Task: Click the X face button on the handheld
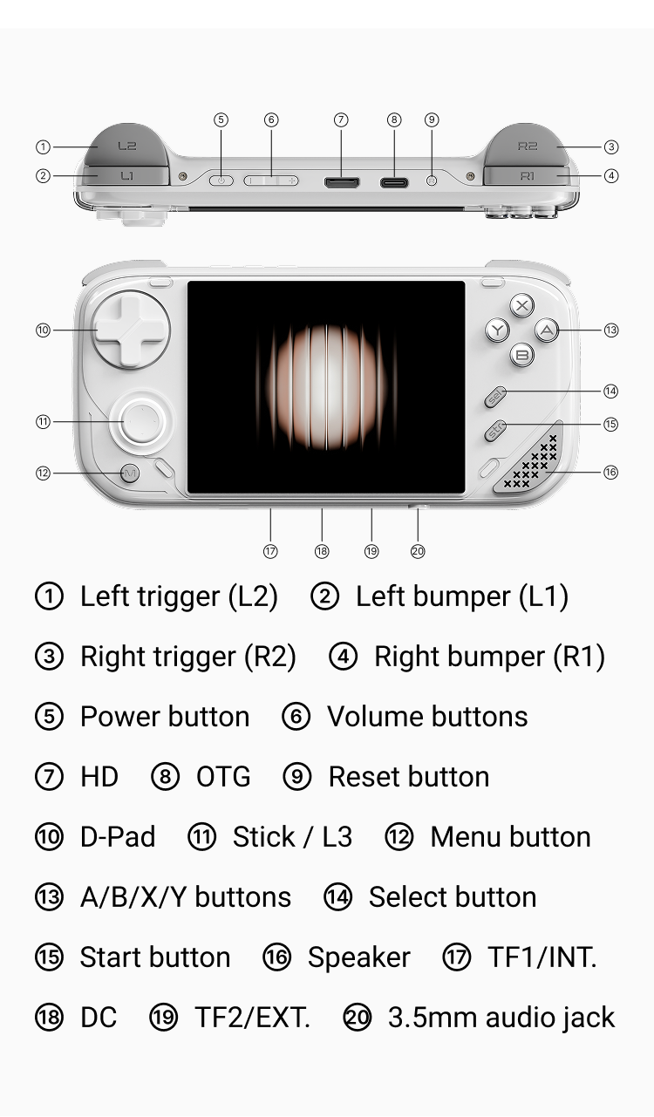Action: [521, 305]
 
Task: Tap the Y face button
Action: [497, 330]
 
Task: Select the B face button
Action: [521, 354]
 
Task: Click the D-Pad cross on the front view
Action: [129, 330]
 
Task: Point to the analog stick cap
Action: [139, 422]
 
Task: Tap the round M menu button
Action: [130, 473]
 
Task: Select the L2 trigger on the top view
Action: [126, 146]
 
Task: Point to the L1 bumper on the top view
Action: [126, 176]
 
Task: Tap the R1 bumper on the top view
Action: [527, 176]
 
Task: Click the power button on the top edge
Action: [221, 180]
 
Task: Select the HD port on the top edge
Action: [341, 181]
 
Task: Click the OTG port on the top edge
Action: [394, 181]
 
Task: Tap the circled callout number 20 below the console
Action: [418, 551]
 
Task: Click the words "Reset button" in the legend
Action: [408, 777]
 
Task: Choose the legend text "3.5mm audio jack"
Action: [501, 1018]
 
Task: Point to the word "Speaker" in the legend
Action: [358, 957]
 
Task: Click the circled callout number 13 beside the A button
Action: [611, 330]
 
